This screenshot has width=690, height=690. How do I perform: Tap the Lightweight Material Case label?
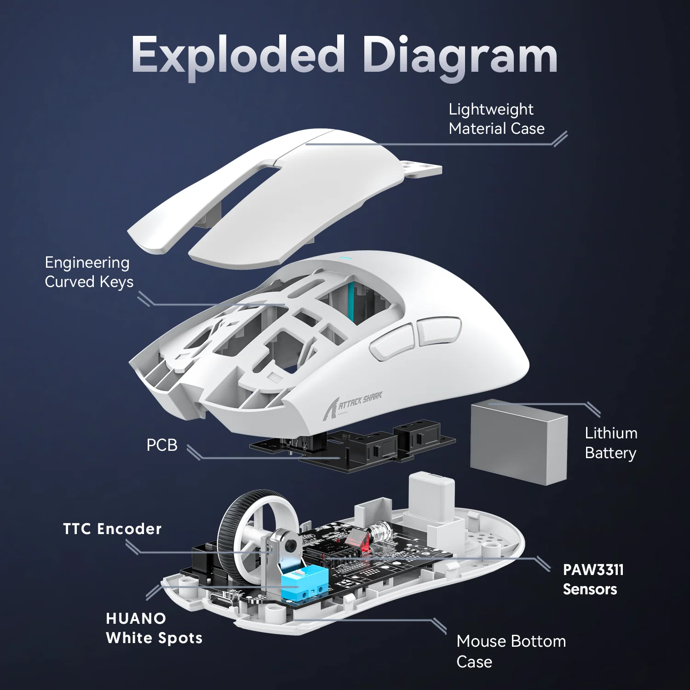point(496,119)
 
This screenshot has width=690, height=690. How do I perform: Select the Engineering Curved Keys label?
point(88,272)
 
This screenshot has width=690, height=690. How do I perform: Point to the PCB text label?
point(161,445)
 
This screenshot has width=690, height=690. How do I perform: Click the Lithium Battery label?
point(610,443)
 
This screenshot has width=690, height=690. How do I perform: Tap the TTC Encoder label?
point(112,529)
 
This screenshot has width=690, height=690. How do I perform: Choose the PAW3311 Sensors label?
point(592,579)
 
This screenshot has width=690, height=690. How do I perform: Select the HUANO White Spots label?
point(154,628)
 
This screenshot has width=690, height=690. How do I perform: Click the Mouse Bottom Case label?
point(511,651)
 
